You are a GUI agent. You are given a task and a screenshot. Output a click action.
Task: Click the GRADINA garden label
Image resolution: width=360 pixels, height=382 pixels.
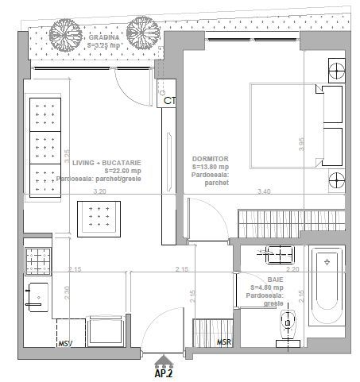104,37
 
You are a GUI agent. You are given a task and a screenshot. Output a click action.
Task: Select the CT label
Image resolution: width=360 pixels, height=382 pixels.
169,101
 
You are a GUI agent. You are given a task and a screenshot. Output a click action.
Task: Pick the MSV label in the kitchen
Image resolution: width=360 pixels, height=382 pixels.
65,343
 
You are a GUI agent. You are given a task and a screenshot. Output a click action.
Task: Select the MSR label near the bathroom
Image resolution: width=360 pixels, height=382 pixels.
225,342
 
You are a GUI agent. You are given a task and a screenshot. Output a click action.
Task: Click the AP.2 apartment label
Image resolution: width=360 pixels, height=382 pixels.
164,371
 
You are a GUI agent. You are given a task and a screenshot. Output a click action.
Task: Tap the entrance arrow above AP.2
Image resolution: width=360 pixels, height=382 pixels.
164,358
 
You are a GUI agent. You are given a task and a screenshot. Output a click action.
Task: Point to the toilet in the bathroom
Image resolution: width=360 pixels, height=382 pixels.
288,324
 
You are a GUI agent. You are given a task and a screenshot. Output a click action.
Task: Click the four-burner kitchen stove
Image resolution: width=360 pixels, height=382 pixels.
37,260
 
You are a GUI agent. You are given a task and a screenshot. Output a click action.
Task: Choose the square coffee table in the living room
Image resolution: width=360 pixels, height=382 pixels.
99,216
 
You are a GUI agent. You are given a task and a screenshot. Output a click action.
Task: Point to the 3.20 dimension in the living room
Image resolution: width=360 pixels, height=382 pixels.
99,192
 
